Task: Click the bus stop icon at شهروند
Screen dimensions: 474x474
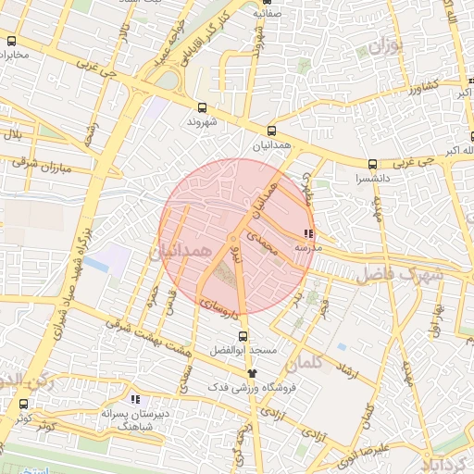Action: pos(203,107)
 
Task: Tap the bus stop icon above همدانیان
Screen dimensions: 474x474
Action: pos(271,131)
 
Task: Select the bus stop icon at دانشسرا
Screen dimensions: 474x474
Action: pos(372,164)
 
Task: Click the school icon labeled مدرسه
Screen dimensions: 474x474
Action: pos(308,234)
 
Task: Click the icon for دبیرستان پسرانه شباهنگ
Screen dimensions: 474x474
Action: pos(135,399)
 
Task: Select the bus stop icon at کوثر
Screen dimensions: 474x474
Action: pos(23,404)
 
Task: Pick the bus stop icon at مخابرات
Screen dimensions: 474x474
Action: pos(11,41)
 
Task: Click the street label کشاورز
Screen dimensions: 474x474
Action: pos(411,87)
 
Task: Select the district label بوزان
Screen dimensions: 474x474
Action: pos(388,46)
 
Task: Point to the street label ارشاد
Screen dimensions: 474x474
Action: pos(348,370)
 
